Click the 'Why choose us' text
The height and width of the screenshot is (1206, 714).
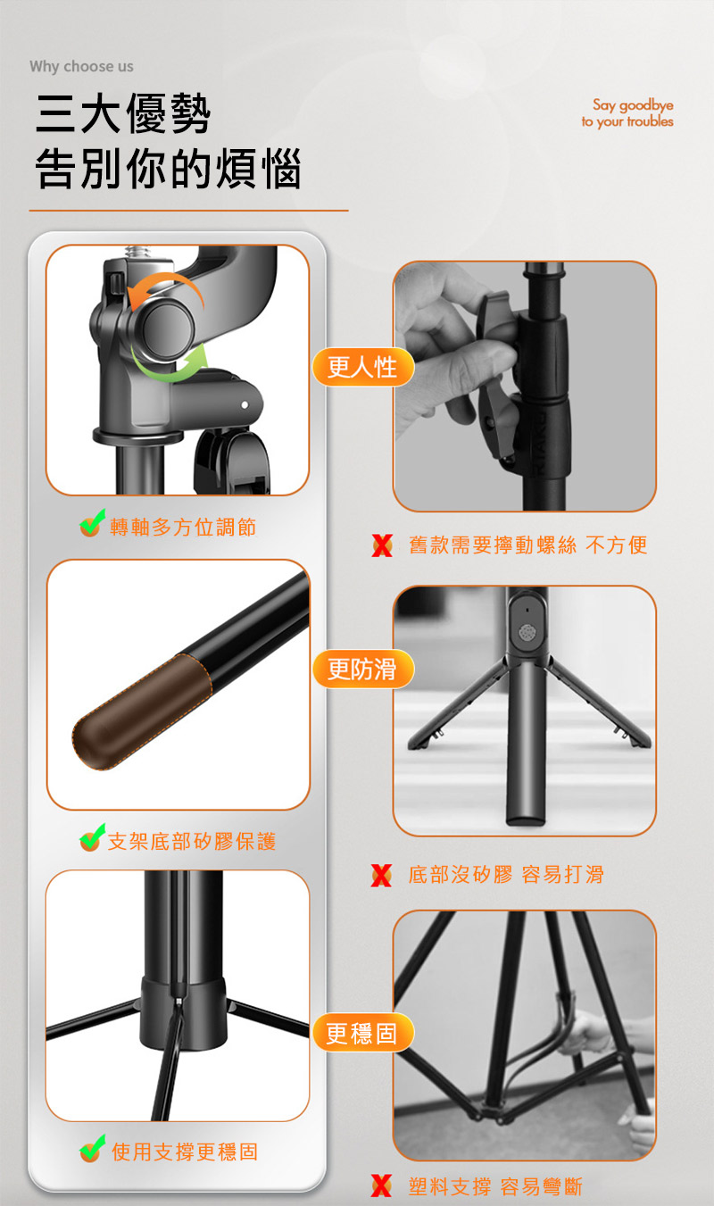[x=81, y=66]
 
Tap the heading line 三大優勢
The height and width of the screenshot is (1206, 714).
[x=123, y=113]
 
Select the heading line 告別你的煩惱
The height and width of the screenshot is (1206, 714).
[x=168, y=169]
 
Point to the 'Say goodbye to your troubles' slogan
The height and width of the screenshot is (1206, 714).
[x=627, y=113]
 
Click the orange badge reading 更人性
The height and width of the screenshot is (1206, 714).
[x=363, y=367]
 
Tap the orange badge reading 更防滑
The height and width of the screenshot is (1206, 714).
[x=363, y=670]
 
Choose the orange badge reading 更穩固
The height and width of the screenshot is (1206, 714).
[x=363, y=1033]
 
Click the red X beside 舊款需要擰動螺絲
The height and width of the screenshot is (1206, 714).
[x=382, y=545]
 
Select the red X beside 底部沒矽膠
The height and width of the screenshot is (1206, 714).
[x=381, y=876]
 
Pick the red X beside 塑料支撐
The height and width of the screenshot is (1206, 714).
[x=381, y=1185]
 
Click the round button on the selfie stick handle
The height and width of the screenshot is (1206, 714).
[x=526, y=632]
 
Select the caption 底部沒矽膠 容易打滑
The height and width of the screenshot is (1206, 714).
[x=506, y=875]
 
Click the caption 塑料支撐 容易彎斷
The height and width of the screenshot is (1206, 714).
[x=494, y=1186]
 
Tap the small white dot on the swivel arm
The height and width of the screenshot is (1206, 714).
[x=245, y=405]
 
